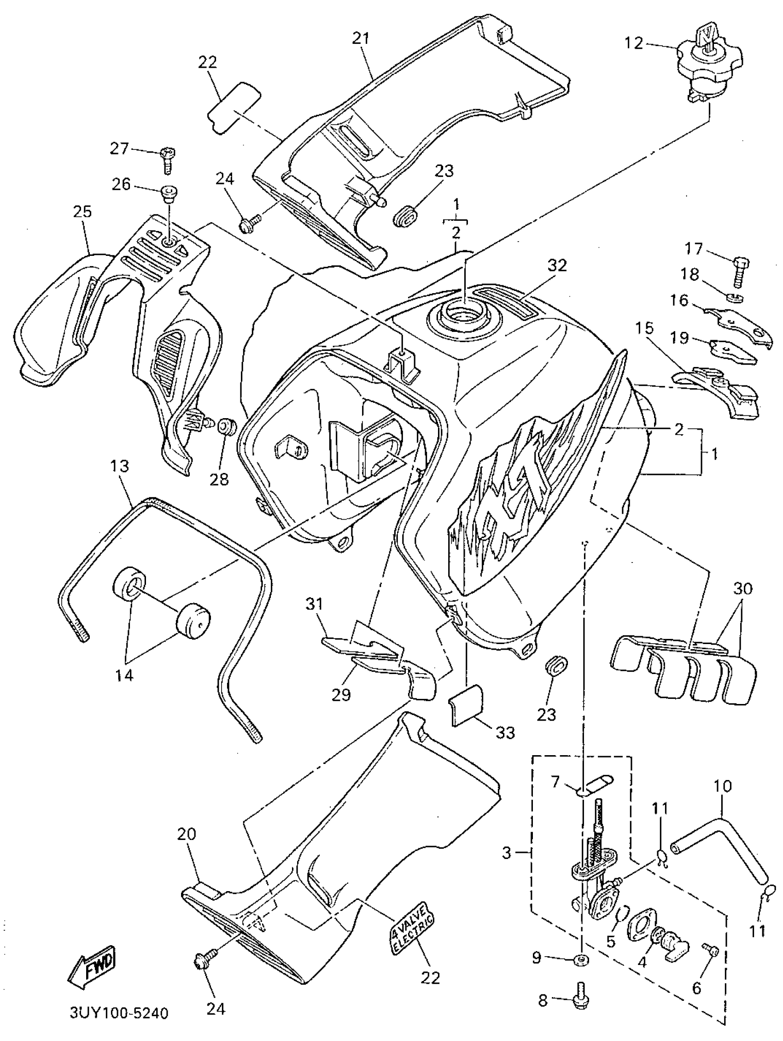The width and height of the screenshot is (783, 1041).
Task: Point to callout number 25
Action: [82, 212]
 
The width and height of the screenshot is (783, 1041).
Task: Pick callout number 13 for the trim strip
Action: [119, 467]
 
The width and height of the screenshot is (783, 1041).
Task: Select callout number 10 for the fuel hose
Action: [723, 786]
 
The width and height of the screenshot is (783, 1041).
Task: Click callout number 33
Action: [504, 732]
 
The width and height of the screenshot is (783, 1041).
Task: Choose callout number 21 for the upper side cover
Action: [361, 39]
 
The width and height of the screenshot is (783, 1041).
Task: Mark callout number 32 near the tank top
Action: [557, 266]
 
